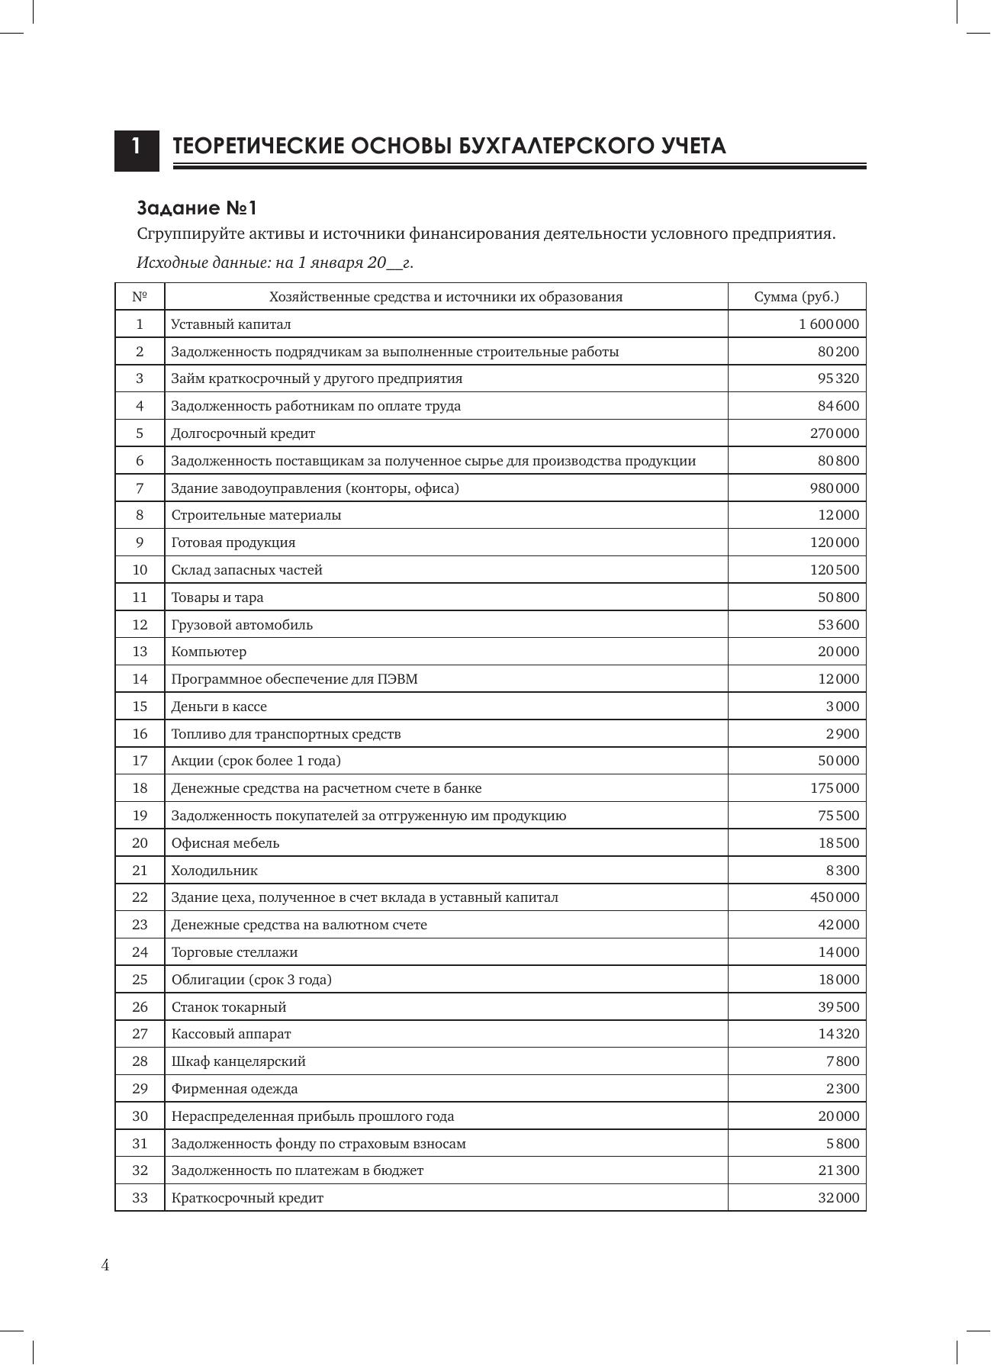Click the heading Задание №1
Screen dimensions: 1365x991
(x=197, y=208)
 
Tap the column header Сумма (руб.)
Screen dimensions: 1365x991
(x=796, y=297)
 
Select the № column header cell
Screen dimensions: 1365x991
(x=140, y=297)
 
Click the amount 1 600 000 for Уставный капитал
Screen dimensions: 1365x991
(x=829, y=324)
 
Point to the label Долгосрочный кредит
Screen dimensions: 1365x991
(x=243, y=433)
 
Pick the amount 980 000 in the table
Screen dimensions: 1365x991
(x=834, y=488)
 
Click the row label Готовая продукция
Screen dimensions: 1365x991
(x=233, y=542)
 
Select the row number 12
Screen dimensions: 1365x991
(x=140, y=625)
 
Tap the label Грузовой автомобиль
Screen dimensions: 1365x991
(x=242, y=625)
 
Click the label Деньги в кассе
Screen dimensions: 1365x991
(x=219, y=707)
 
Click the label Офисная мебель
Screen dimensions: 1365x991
(x=225, y=843)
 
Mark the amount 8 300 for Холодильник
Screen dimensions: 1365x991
(x=841, y=871)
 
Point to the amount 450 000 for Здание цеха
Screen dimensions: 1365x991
(x=834, y=897)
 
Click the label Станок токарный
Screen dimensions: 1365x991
(x=229, y=1007)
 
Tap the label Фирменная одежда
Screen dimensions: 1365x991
(x=234, y=1089)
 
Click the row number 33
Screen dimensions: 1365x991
(x=140, y=1198)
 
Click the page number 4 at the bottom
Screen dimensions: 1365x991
(x=105, y=1266)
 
